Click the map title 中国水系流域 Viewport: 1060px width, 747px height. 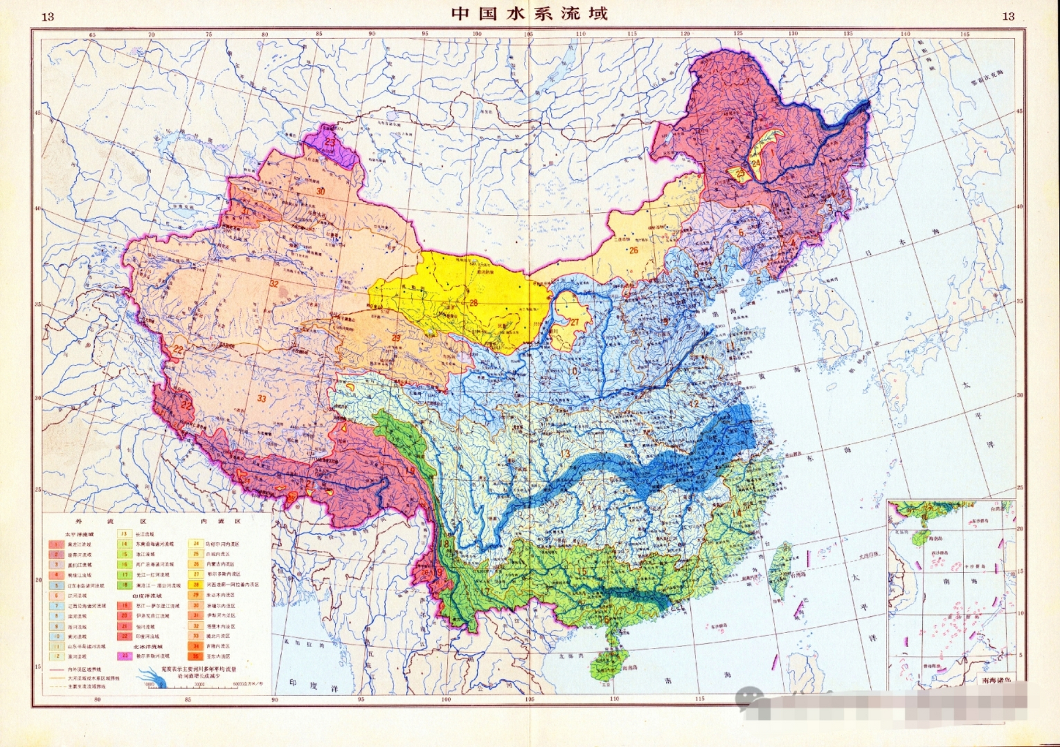click(x=529, y=13)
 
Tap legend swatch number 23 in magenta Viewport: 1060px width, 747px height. click(x=125, y=655)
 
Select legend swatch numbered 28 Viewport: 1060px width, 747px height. click(x=196, y=584)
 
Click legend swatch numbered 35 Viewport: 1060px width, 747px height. click(x=196, y=657)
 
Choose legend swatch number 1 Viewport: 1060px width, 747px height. click(x=56, y=544)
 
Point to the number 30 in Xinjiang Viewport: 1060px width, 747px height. click(x=320, y=191)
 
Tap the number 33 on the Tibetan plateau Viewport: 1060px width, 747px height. click(x=262, y=399)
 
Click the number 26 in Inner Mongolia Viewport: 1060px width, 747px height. click(x=633, y=250)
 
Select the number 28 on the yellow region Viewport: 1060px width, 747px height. click(x=473, y=302)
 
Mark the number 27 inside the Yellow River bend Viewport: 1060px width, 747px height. click(x=574, y=322)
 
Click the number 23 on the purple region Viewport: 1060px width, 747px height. click(x=330, y=141)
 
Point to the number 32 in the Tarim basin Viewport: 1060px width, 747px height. click(x=274, y=284)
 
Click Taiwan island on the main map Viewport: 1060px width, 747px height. click(x=778, y=572)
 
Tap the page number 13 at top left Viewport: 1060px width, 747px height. click(x=48, y=16)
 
